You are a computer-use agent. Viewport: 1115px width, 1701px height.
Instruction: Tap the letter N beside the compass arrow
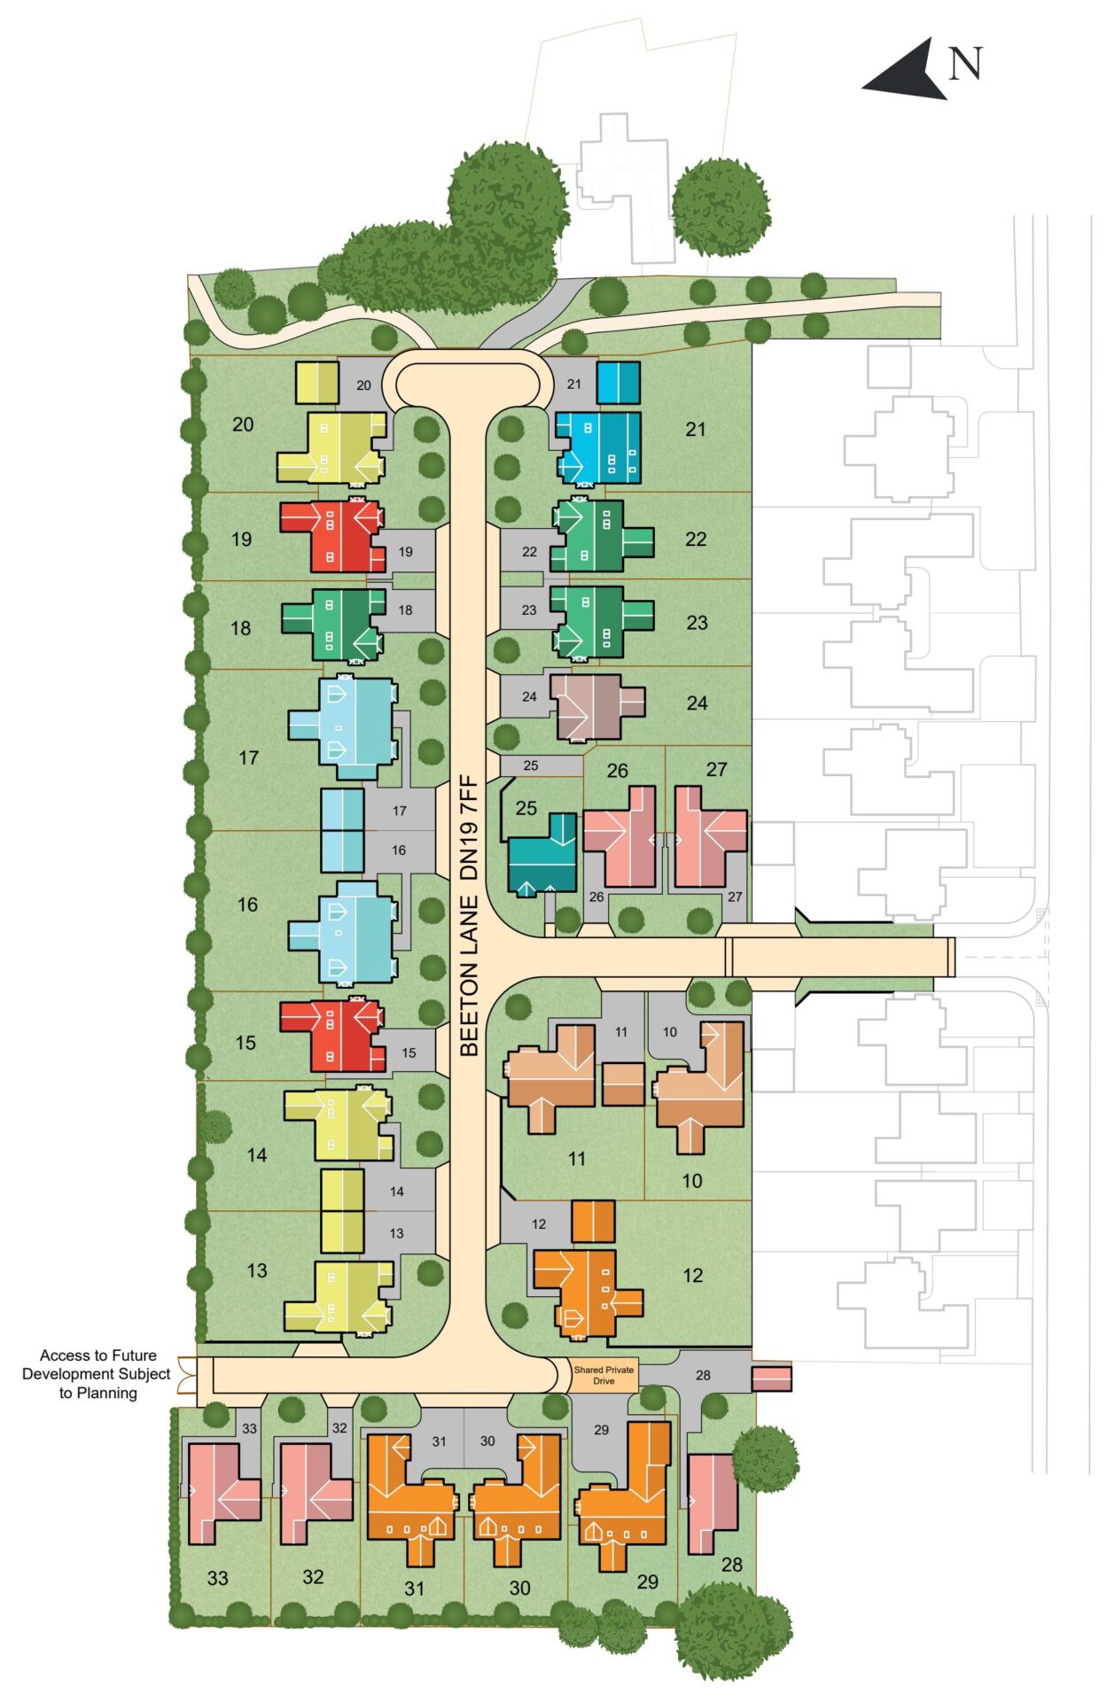point(966,64)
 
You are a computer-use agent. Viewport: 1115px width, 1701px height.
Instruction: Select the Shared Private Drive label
point(604,1375)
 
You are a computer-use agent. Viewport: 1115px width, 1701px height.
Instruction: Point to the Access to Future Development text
point(97,1374)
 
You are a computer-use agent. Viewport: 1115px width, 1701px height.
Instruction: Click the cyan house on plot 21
point(599,447)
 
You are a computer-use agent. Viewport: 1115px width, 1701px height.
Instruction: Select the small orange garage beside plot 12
point(593,1222)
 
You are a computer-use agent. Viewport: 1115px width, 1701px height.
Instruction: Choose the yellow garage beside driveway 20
point(316,383)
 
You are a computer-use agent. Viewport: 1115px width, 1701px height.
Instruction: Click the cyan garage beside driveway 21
point(618,383)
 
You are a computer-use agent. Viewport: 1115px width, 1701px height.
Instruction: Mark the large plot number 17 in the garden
point(249,758)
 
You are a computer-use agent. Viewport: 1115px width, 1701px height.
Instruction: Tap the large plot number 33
point(217,1578)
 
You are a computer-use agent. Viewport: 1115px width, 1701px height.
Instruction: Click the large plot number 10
point(692,1181)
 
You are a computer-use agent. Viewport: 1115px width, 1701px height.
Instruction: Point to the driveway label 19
point(405,552)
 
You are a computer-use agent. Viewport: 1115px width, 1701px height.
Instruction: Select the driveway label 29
point(601,1429)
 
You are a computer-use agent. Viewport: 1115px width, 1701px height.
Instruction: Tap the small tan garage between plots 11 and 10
point(623,1084)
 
